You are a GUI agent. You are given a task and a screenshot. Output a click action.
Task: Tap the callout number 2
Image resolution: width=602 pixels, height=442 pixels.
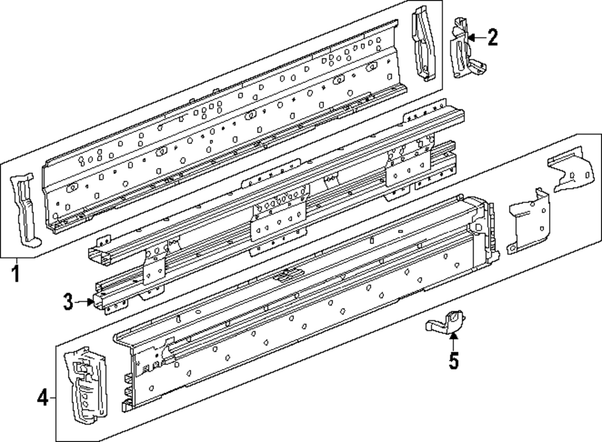tap(492, 39)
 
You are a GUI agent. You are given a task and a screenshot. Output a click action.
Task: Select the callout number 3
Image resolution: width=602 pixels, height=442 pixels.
tap(69, 301)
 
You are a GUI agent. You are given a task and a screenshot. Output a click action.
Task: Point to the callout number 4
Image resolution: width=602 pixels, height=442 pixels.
tap(42, 397)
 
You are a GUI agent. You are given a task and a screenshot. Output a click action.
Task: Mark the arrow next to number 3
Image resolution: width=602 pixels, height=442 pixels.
tap(84, 301)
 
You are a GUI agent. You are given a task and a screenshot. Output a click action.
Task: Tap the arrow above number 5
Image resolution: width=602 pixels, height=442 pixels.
tap(453, 340)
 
